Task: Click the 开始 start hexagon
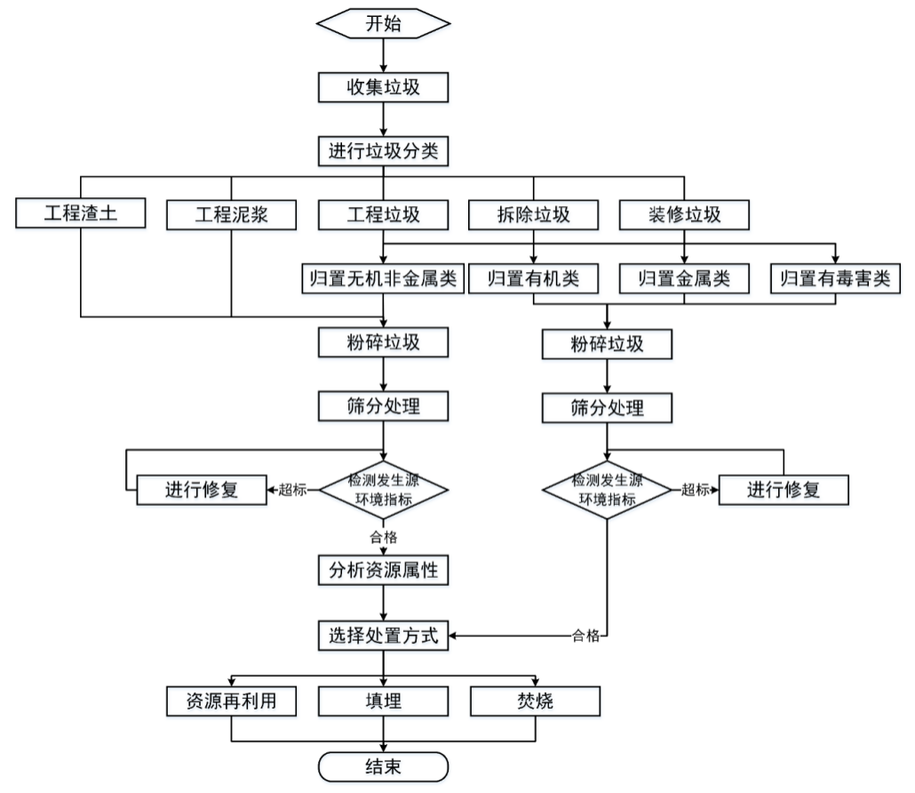click(383, 23)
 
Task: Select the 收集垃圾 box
click(383, 87)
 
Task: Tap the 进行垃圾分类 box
click(383, 151)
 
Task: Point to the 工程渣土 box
click(81, 214)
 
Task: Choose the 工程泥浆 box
click(231, 214)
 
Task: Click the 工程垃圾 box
click(383, 214)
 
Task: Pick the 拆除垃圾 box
click(533, 214)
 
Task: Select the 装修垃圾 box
click(684, 214)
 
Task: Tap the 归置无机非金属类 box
click(383, 278)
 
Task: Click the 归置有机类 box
click(533, 278)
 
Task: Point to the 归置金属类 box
click(684, 278)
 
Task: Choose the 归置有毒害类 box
click(835, 278)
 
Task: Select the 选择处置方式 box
click(383, 636)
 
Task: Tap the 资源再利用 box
click(231, 701)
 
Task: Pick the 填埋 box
click(383, 701)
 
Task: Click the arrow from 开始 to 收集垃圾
click(383, 55)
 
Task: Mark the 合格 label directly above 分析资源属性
click(383, 537)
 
